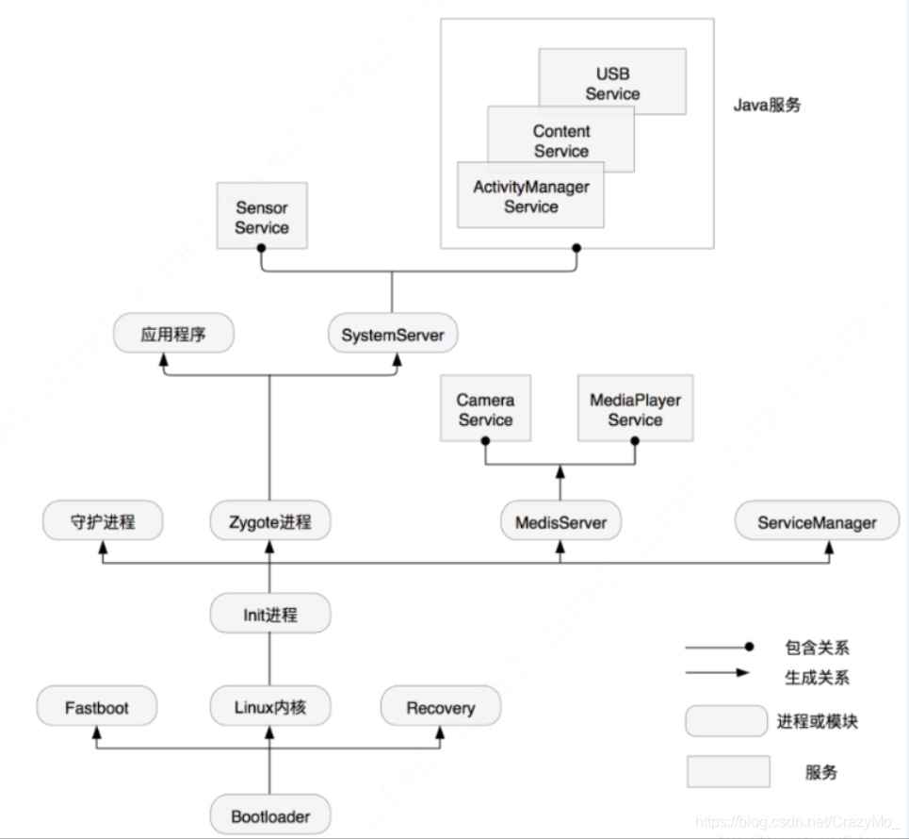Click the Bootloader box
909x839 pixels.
(x=270, y=815)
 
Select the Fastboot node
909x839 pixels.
(x=96, y=708)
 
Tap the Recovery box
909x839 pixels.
(x=441, y=708)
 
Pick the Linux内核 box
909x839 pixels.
(x=270, y=708)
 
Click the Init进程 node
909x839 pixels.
(x=270, y=615)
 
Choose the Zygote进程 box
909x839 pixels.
(x=270, y=521)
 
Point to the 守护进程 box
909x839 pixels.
(x=103, y=521)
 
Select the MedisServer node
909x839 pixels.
(x=560, y=521)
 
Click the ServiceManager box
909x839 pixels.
(x=817, y=521)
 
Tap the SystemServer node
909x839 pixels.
(x=393, y=335)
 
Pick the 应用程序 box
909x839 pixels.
(x=173, y=335)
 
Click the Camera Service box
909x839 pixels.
(x=485, y=410)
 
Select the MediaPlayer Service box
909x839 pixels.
(x=635, y=410)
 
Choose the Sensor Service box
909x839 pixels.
(x=262, y=217)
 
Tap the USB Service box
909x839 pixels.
(x=612, y=83)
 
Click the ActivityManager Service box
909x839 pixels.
(x=530, y=197)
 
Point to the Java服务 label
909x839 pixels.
(x=767, y=105)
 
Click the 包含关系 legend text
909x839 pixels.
(x=817, y=648)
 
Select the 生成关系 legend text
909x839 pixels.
(x=817, y=678)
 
